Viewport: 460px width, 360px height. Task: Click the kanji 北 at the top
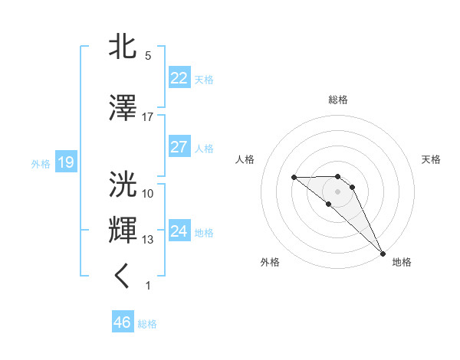point(123,47)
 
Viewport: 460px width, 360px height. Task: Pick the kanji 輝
point(123,231)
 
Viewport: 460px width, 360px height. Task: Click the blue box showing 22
point(179,78)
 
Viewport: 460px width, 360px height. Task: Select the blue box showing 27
point(179,147)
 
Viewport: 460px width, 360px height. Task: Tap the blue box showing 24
point(179,231)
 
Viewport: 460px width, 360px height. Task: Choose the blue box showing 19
point(66,162)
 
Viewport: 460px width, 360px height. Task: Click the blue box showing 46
point(123,322)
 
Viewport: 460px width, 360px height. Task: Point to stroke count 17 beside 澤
point(148,117)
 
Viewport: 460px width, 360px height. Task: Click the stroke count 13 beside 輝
point(148,240)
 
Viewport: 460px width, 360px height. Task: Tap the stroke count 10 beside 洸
point(148,193)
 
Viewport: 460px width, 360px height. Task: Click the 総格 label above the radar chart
point(338,100)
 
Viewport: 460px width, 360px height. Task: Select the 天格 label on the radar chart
point(432,159)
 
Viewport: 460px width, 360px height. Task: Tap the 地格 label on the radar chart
point(402,262)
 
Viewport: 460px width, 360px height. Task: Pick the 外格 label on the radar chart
point(270,262)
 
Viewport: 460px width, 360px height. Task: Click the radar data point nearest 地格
point(382,253)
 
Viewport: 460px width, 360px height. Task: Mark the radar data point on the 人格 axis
point(294,177)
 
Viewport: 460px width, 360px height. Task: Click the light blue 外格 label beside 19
point(40,163)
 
